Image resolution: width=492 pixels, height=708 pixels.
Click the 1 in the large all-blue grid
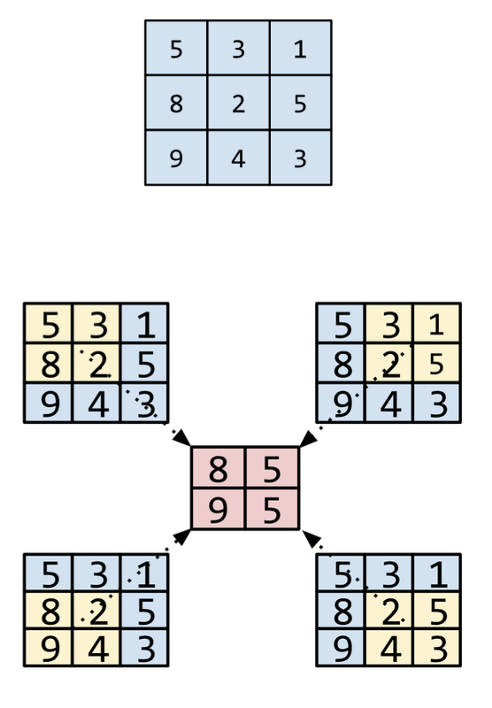click(300, 49)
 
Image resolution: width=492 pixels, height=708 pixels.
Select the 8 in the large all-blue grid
click(176, 104)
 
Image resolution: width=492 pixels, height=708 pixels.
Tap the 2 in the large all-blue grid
click(238, 104)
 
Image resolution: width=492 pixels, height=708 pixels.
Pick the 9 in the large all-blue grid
click(176, 158)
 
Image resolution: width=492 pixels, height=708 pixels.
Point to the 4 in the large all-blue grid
click(238, 158)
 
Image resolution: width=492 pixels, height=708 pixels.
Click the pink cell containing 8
click(218, 468)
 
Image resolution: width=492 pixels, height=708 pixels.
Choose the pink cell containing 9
click(218, 508)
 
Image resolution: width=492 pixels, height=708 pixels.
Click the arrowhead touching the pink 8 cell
click(182, 438)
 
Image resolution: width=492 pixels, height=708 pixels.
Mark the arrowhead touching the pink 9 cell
click(182, 537)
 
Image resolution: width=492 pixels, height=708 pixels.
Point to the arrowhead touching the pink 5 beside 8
click(308, 438)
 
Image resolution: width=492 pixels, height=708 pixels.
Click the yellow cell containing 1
click(437, 324)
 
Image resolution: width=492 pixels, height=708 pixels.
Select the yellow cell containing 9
click(49, 647)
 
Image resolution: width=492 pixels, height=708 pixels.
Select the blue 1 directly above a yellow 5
click(438, 573)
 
